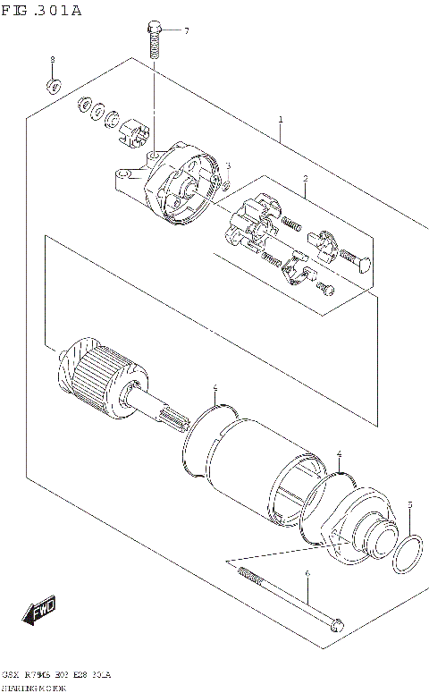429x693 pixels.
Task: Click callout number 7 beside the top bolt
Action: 187,31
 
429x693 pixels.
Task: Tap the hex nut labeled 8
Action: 53,87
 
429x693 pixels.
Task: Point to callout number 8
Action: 52,59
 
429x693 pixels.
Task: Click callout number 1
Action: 281,119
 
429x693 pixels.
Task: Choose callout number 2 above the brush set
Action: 305,179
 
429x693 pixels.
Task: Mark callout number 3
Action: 228,165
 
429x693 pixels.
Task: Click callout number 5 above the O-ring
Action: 409,506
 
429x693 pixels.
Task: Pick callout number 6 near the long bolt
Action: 307,573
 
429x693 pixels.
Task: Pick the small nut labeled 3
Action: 227,184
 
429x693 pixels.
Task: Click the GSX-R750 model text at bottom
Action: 67,672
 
